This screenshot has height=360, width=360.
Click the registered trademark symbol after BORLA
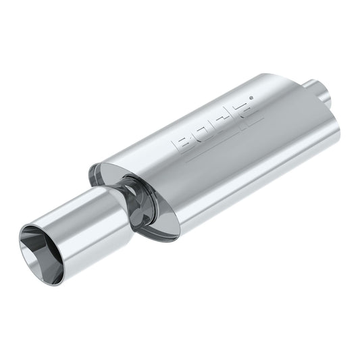tap(251, 99)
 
